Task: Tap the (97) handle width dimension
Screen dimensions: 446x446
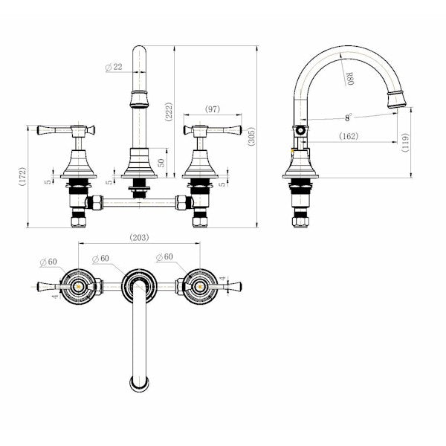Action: (x=213, y=110)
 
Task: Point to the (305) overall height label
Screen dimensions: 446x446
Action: (x=252, y=136)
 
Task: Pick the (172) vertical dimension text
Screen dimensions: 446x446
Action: (x=24, y=176)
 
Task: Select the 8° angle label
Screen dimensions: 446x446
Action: (x=347, y=117)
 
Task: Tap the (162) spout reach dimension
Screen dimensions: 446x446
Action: (x=348, y=135)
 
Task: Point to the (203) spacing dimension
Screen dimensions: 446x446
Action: (x=138, y=238)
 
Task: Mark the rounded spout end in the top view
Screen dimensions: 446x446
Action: (x=138, y=384)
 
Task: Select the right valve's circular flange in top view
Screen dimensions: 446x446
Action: (x=199, y=286)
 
